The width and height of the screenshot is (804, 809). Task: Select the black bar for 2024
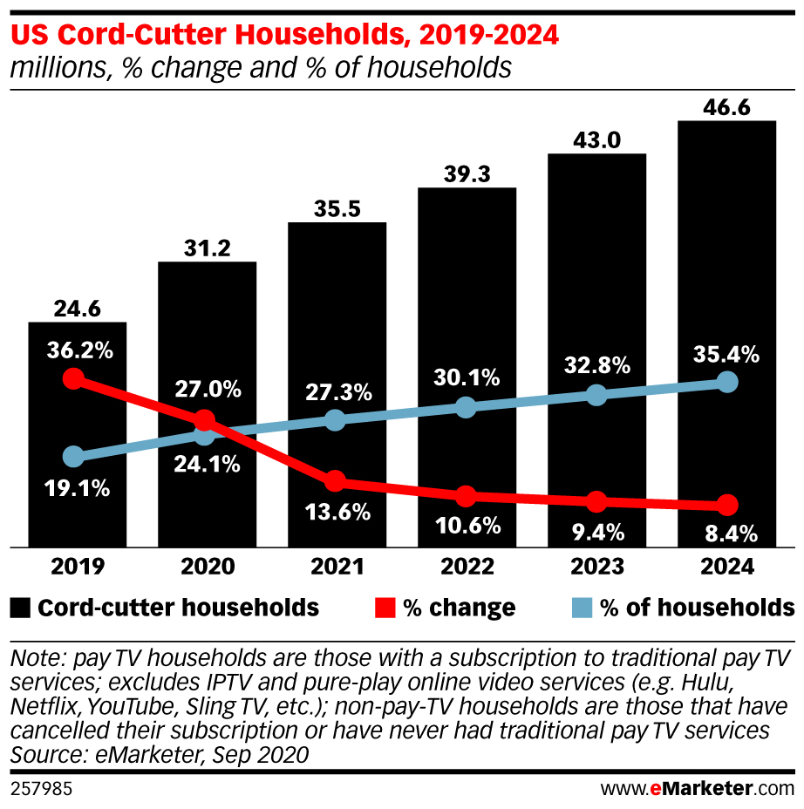click(726, 262)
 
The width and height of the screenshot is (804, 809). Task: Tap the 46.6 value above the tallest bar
click(726, 106)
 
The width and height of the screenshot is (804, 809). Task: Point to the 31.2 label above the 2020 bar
click(207, 248)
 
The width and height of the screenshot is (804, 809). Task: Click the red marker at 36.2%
click(74, 378)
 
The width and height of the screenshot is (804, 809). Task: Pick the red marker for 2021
click(335, 481)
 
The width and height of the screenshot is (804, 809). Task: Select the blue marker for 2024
click(726, 382)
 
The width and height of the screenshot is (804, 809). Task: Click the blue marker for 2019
click(74, 456)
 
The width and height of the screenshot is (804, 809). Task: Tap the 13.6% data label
click(336, 512)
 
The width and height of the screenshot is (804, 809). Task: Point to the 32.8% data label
click(596, 365)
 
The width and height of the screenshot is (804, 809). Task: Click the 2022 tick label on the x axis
click(466, 568)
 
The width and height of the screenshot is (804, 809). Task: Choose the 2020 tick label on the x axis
click(207, 568)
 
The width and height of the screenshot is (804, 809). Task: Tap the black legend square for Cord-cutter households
click(21, 608)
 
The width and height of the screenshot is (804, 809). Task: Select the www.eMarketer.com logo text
click(698, 790)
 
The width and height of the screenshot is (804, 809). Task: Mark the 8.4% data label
click(726, 533)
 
